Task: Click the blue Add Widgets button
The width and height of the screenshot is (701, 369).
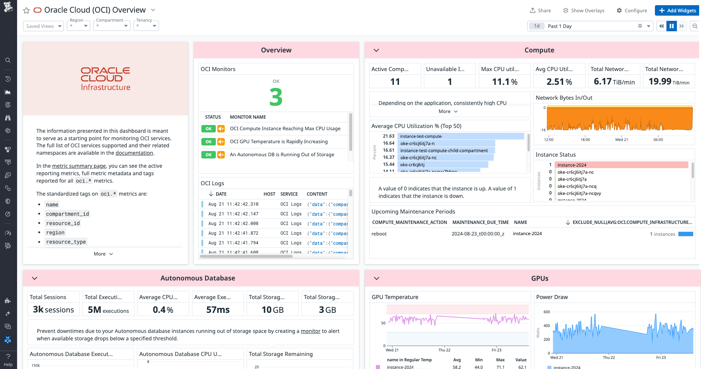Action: click(x=677, y=10)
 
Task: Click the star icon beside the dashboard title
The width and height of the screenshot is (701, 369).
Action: click(x=26, y=10)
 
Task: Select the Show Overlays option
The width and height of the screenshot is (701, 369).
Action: click(x=584, y=10)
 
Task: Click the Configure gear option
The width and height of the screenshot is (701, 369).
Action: click(x=632, y=10)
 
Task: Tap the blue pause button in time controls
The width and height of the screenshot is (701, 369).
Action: click(x=671, y=26)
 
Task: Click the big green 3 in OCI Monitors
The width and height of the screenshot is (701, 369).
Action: click(x=276, y=97)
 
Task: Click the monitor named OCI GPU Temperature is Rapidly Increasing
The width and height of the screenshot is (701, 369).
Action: click(x=279, y=142)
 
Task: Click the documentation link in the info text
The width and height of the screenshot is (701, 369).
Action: click(x=134, y=153)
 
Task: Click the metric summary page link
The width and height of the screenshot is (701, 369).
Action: click(x=79, y=166)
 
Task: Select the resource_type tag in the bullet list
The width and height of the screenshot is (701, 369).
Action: click(x=66, y=242)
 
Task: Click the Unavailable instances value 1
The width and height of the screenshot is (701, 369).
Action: click(x=450, y=82)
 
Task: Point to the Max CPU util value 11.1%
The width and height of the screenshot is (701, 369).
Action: click(x=504, y=82)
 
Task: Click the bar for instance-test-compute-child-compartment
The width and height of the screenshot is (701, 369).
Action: click(x=446, y=151)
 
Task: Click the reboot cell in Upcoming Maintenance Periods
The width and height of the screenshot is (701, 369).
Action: click(x=379, y=234)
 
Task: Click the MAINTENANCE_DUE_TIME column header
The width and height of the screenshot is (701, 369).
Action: click(x=480, y=222)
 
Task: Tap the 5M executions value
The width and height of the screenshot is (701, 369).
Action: click(x=108, y=310)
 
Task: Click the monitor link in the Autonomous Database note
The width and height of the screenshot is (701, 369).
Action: click(x=310, y=331)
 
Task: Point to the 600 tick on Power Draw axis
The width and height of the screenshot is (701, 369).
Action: click(x=546, y=312)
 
